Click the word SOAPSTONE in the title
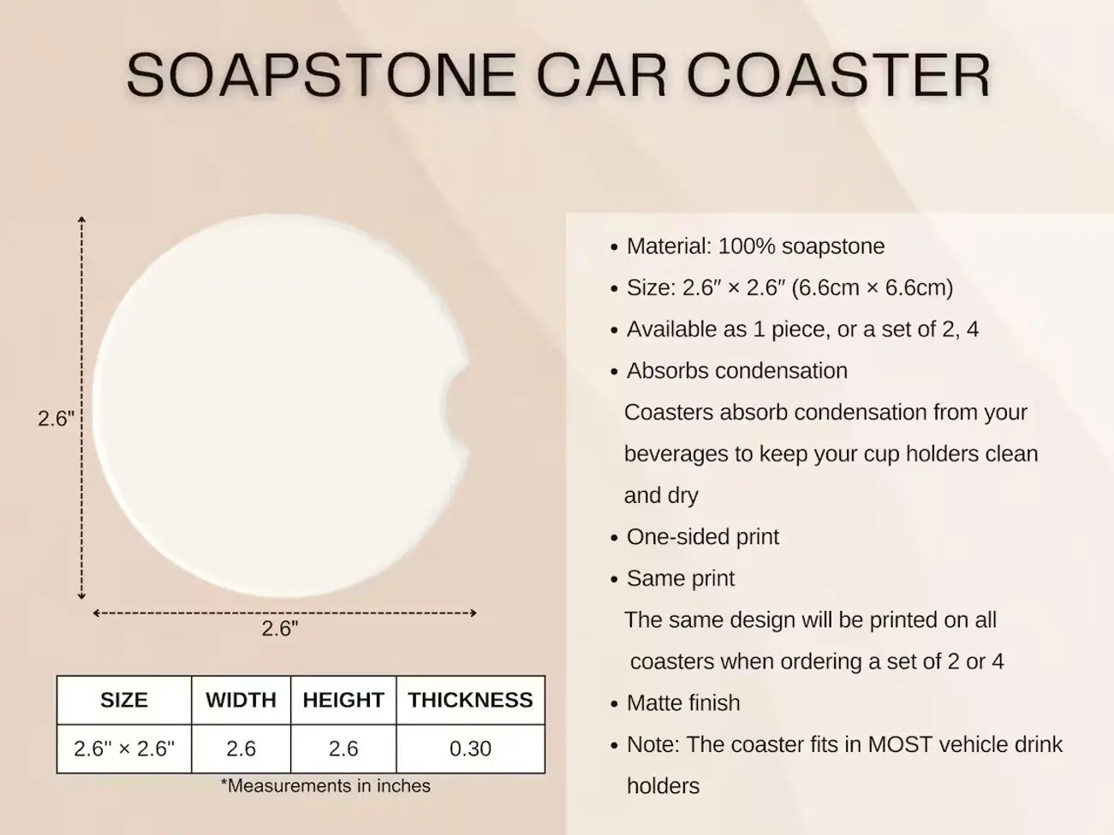click(x=321, y=75)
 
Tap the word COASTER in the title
click(x=838, y=75)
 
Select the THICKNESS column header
click(x=470, y=700)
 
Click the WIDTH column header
click(x=241, y=700)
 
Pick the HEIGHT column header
click(x=343, y=700)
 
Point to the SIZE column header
click(x=124, y=700)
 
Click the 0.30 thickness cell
click(x=470, y=749)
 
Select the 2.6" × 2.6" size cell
click(x=124, y=749)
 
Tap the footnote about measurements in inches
click(x=325, y=786)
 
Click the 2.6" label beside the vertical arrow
click(x=56, y=418)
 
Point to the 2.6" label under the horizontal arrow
click(x=280, y=629)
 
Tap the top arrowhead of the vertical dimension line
click(x=81, y=220)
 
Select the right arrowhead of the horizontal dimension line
click(x=473, y=613)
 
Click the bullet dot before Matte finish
click(x=614, y=704)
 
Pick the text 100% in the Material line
click(x=747, y=246)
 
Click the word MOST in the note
click(x=900, y=745)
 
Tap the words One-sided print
click(x=703, y=537)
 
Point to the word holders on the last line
click(x=663, y=786)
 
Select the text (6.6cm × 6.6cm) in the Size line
click(x=872, y=288)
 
